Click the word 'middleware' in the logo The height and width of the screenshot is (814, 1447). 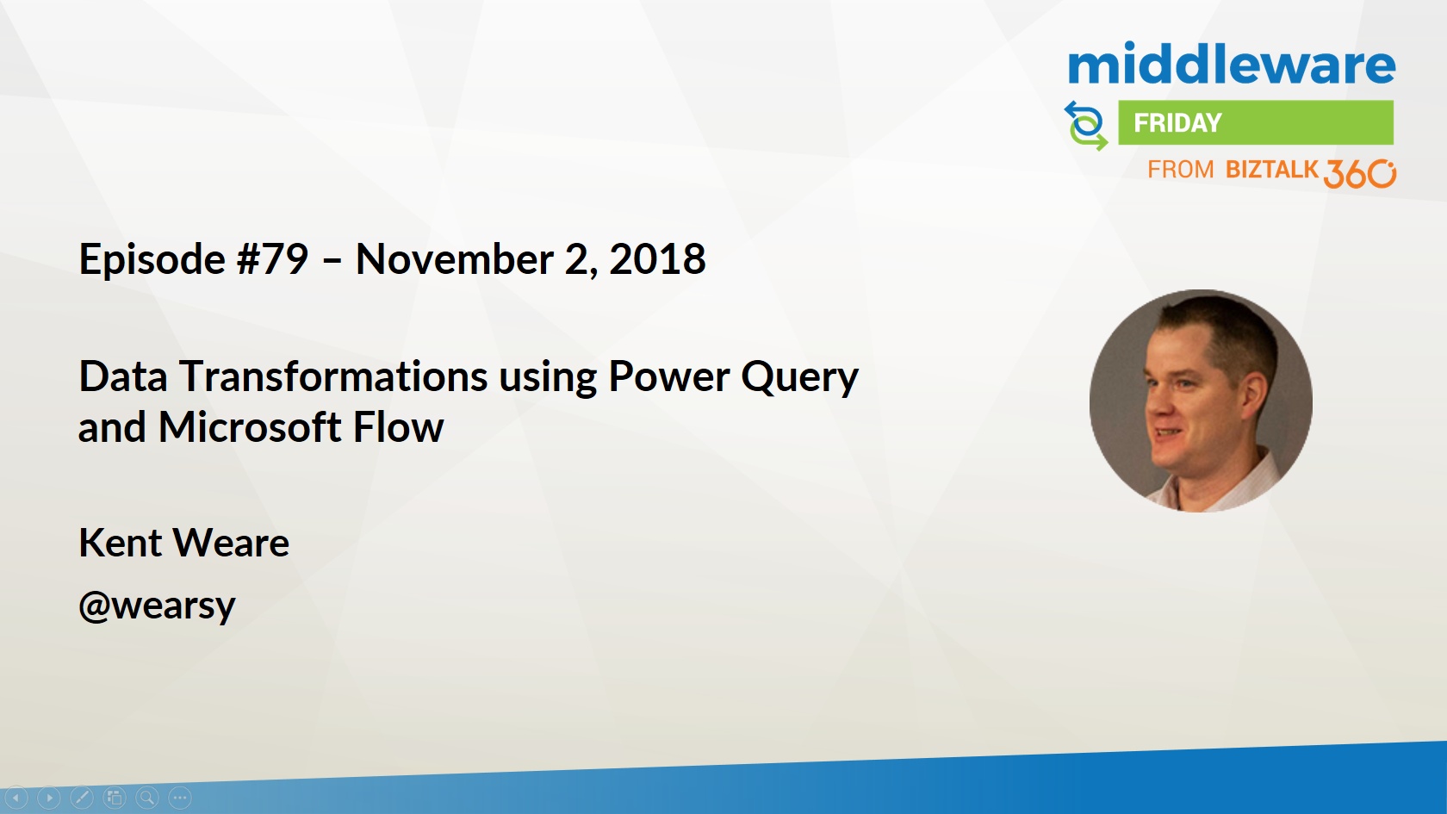coord(1232,64)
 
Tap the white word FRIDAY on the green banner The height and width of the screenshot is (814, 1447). coord(1177,122)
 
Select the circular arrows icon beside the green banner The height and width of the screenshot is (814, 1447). coord(1086,126)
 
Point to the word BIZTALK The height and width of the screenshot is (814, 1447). coord(1271,169)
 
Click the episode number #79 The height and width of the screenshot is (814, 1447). coord(272,259)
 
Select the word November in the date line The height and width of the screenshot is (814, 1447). coord(454,259)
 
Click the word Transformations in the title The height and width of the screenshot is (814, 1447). coord(333,376)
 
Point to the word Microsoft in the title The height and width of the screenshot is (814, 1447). coord(250,427)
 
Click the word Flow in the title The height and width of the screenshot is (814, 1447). coord(398,427)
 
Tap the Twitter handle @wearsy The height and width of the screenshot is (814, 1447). coord(157,606)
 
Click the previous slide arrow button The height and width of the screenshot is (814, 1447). coord(16,798)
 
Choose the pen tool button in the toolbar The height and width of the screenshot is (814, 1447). coord(82,798)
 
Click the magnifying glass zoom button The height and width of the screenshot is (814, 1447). coord(147,798)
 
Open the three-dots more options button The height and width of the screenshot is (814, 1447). coord(180,798)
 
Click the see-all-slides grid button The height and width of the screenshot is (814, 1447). coord(115,798)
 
